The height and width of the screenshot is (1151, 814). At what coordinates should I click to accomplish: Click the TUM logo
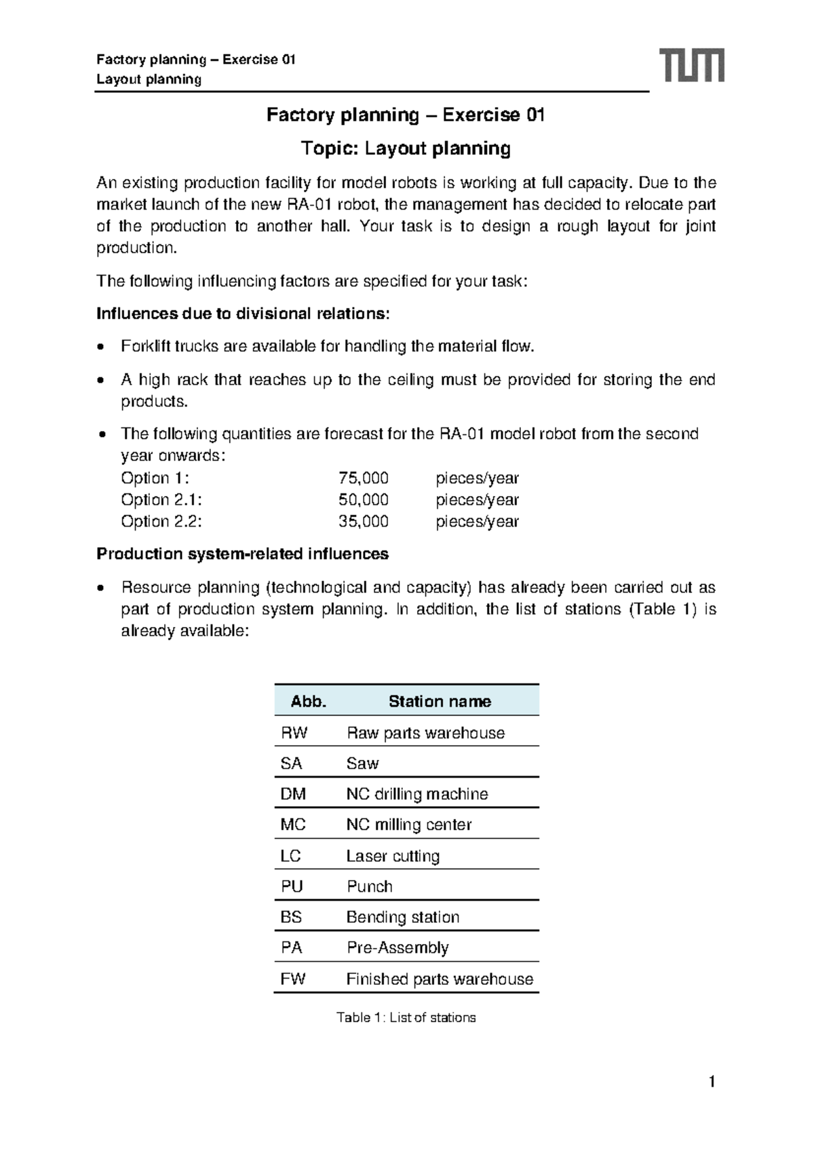pos(692,65)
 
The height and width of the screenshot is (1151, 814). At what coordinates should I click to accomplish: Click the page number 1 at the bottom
pos(712,1082)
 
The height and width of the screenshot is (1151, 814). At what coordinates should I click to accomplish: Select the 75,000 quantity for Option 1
pos(363,478)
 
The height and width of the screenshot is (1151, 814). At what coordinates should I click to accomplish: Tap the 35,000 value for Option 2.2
pos(363,521)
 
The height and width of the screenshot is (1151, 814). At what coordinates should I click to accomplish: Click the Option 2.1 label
pos(161,499)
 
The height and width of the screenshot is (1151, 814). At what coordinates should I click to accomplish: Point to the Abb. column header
pos(308,701)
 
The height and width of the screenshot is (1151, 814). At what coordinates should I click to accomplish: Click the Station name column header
pos(440,701)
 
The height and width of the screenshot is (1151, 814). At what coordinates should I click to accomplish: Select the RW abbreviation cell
pos(294,733)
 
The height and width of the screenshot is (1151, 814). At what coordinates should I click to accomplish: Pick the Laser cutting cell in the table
pos(393,856)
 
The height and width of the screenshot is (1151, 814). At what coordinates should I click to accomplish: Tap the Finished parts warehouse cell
pos(440,979)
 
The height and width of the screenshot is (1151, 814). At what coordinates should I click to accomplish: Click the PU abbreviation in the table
pos(292,886)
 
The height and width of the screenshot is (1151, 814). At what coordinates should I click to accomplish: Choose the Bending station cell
pos(402,917)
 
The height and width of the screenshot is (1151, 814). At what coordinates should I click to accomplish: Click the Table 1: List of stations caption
pos(406,1017)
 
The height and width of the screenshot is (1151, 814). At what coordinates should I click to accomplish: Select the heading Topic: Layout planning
pos(406,148)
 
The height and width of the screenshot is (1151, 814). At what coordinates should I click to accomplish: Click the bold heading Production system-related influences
pos(242,554)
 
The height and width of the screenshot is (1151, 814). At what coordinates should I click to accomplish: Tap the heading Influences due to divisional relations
pos(243,314)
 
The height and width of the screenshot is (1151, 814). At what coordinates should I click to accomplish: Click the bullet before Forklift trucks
pos(101,347)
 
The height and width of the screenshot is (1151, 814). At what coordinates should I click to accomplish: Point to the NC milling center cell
pos(408,825)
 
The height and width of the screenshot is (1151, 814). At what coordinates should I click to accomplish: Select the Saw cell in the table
pos(362,763)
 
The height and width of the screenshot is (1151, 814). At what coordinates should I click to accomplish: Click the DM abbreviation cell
pos(293,794)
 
